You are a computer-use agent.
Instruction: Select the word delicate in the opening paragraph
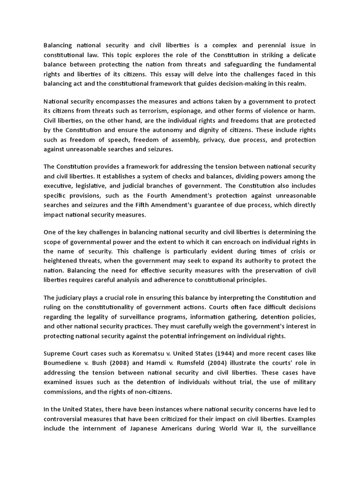point(303,54)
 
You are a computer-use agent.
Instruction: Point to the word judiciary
point(70,299)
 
